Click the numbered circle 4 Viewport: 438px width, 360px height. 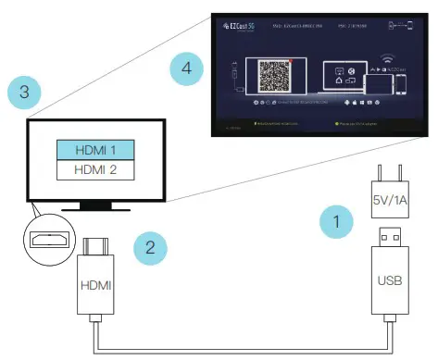(187, 68)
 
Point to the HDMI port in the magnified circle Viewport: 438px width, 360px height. (47, 240)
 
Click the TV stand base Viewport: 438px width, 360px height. (97, 206)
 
